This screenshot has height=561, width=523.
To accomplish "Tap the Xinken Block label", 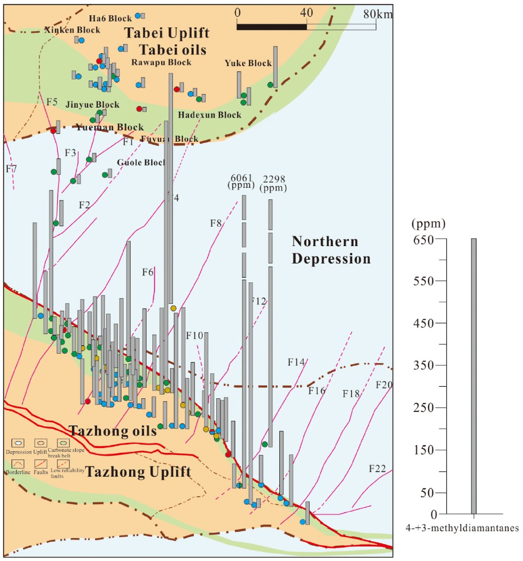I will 72,30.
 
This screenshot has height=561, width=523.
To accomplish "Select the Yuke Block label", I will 248,63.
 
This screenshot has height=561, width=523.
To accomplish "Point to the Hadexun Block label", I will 210,115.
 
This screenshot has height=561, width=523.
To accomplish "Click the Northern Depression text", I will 331,250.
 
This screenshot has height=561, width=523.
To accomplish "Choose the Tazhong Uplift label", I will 139,472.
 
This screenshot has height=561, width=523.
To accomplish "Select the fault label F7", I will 12,169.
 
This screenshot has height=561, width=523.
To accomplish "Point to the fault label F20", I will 384,385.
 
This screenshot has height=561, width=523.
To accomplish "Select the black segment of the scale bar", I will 271,26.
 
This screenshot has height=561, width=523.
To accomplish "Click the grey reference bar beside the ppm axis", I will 474,376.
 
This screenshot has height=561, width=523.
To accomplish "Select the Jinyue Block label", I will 92,105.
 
